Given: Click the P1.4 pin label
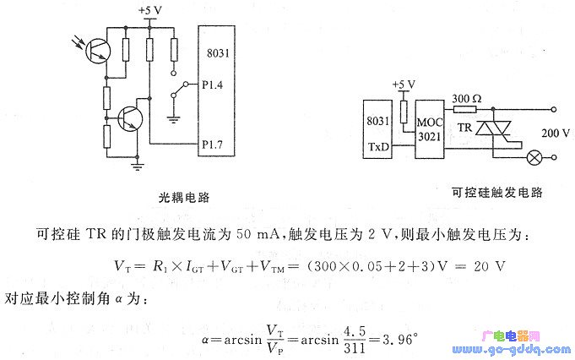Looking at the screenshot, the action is [212, 85].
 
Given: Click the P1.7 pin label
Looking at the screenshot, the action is [212, 145].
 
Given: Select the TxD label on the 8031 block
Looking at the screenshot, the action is [378, 147].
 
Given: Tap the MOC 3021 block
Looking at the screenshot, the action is [430, 129].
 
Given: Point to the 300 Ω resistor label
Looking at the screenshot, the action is [466, 99].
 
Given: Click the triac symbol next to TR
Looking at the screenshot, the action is [493, 128].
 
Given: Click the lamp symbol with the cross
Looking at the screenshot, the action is [534, 158].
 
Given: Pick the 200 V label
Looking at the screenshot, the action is [556, 133].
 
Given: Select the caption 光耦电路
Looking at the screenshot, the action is [184, 198].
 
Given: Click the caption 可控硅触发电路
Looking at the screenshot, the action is [496, 192].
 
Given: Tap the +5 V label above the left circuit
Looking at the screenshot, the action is [150, 10].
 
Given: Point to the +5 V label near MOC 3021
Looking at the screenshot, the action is [404, 85].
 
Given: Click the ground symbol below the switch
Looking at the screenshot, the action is [173, 120].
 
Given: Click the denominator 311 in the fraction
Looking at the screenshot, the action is [355, 348].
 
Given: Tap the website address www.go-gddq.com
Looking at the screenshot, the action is [512, 350].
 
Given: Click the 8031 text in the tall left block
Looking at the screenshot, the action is [218, 53].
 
